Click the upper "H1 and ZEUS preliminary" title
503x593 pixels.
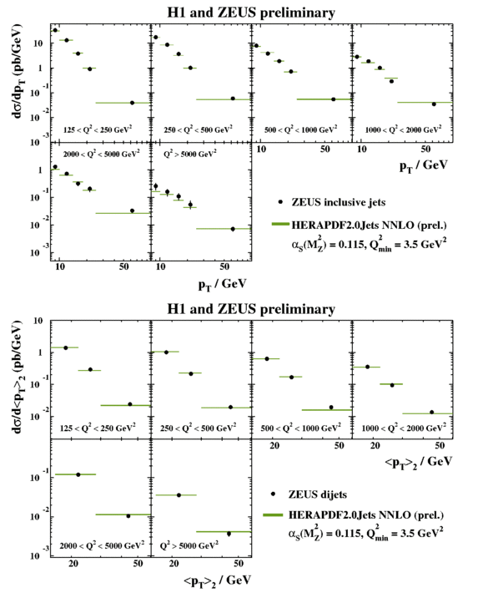[251, 13]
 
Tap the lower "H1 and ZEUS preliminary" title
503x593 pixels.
[251, 310]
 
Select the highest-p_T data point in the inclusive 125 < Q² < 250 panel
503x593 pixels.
[132, 103]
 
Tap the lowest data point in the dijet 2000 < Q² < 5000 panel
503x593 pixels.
[128, 515]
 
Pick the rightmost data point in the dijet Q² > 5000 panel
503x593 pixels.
[229, 533]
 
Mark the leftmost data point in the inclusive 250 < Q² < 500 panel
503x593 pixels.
[156, 38]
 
